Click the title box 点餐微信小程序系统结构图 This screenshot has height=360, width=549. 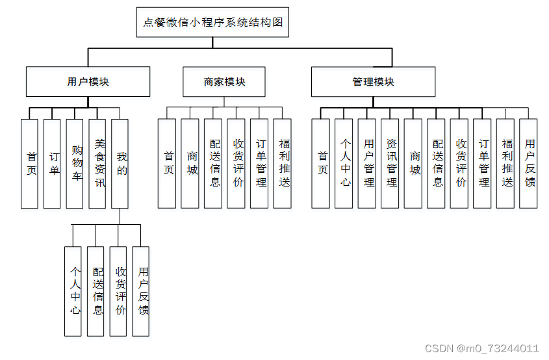(212, 22)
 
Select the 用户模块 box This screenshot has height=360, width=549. (88, 82)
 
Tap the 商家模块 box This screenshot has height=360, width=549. (224, 82)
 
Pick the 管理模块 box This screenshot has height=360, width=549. (373, 82)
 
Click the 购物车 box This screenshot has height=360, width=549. (75, 163)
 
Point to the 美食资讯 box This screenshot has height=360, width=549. (97, 163)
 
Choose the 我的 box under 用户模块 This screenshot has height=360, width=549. (120, 163)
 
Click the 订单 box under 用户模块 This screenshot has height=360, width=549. (53, 163)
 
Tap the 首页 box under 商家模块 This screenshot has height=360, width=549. (168, 163)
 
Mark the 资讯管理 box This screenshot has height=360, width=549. (390, 163)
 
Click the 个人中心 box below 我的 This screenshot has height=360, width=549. (75, 291)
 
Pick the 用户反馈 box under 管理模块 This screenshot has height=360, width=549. (529, 163)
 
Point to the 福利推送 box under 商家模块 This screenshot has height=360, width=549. (283, 163)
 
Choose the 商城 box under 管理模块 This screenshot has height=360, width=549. (413, 163)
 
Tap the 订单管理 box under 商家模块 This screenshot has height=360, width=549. (259, 163)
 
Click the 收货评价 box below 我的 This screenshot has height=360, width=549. (119, 291)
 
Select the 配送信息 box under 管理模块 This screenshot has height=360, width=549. (437, 163)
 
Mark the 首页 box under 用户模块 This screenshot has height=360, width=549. (30, 163)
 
